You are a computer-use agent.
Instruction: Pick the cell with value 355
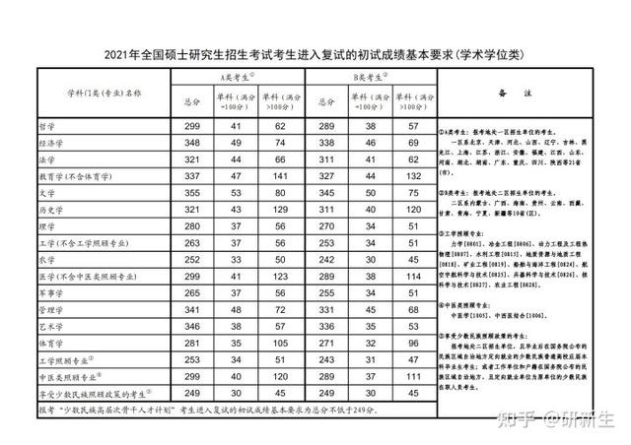(192, 193)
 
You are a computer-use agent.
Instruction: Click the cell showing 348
(192, 143)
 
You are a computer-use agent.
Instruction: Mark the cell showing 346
(192, 326)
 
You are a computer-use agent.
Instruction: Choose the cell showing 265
(192, 292)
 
